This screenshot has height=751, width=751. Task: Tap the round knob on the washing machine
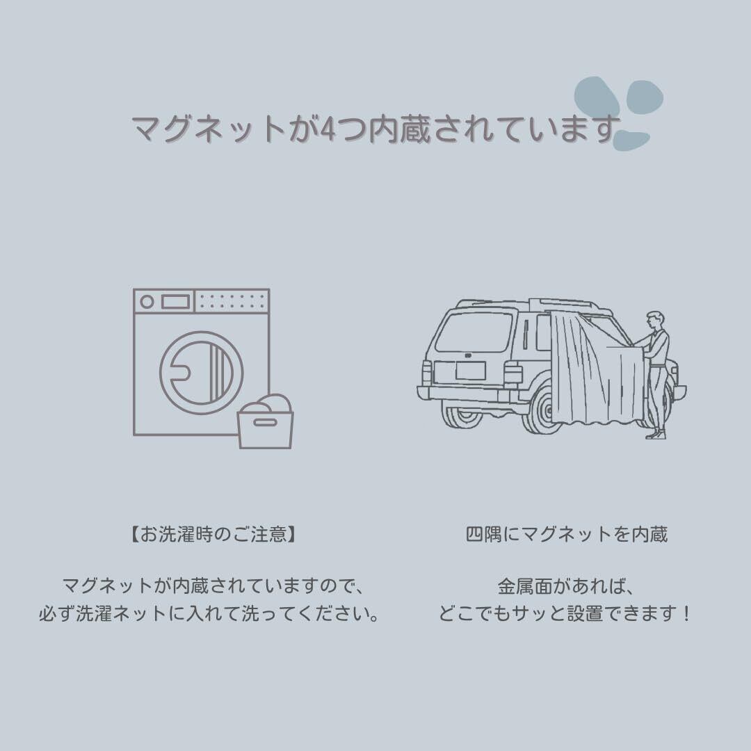tap(147, 302)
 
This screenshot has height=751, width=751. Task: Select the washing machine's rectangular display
tap(175, 302)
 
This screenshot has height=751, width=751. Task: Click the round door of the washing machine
tap(202, 368)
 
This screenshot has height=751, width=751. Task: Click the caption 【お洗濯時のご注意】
tap(208, 535)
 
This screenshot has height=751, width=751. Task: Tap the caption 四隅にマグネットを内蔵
tap(566, 535)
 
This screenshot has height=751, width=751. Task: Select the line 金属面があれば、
tap(566, 586)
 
